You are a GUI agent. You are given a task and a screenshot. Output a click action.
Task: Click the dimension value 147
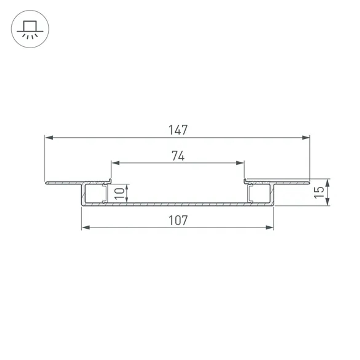coord(178,130)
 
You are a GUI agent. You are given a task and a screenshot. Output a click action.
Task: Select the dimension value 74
coord(178,156)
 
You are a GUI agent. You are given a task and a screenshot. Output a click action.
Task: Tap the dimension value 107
coord(178,220)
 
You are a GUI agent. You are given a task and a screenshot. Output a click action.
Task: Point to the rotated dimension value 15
coord(318,192)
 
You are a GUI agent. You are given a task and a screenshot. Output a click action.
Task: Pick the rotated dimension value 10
coord(121,194)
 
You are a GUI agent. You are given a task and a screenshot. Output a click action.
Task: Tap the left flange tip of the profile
coord(47,183)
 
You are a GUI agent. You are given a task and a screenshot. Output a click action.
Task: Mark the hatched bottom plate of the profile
coord(178,204)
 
